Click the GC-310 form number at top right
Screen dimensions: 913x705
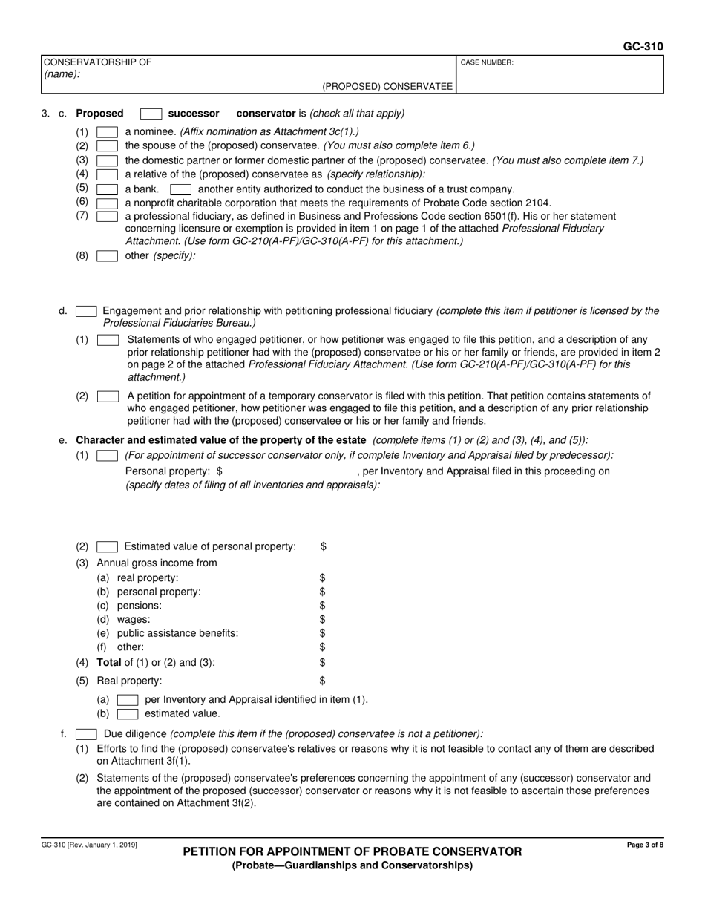click(x=643, y=46)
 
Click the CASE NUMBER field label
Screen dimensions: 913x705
click(x=487, y=63)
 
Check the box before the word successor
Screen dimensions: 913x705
click(x=151, y=114)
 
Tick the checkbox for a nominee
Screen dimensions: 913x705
click(x=107, y=132)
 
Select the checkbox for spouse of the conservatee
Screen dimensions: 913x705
click(x=107, y=146)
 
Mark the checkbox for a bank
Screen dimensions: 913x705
click(x=107, y=189)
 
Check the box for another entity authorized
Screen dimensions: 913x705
click(x=180, y=189)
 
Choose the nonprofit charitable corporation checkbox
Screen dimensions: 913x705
click(x=107, y=203)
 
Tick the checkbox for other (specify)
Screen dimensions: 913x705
click(x=107, y=256)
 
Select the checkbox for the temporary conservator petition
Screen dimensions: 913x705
click(x=108, y=396)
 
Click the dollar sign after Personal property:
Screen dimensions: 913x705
click(x=219, y=471)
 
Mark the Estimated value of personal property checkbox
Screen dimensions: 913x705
click(x=108, y=547)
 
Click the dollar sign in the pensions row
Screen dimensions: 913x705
click(x=322, y=606)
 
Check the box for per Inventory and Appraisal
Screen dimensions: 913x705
click(x=128, y=699)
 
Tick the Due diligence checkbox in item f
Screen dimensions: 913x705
click(x=85, y=734)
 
